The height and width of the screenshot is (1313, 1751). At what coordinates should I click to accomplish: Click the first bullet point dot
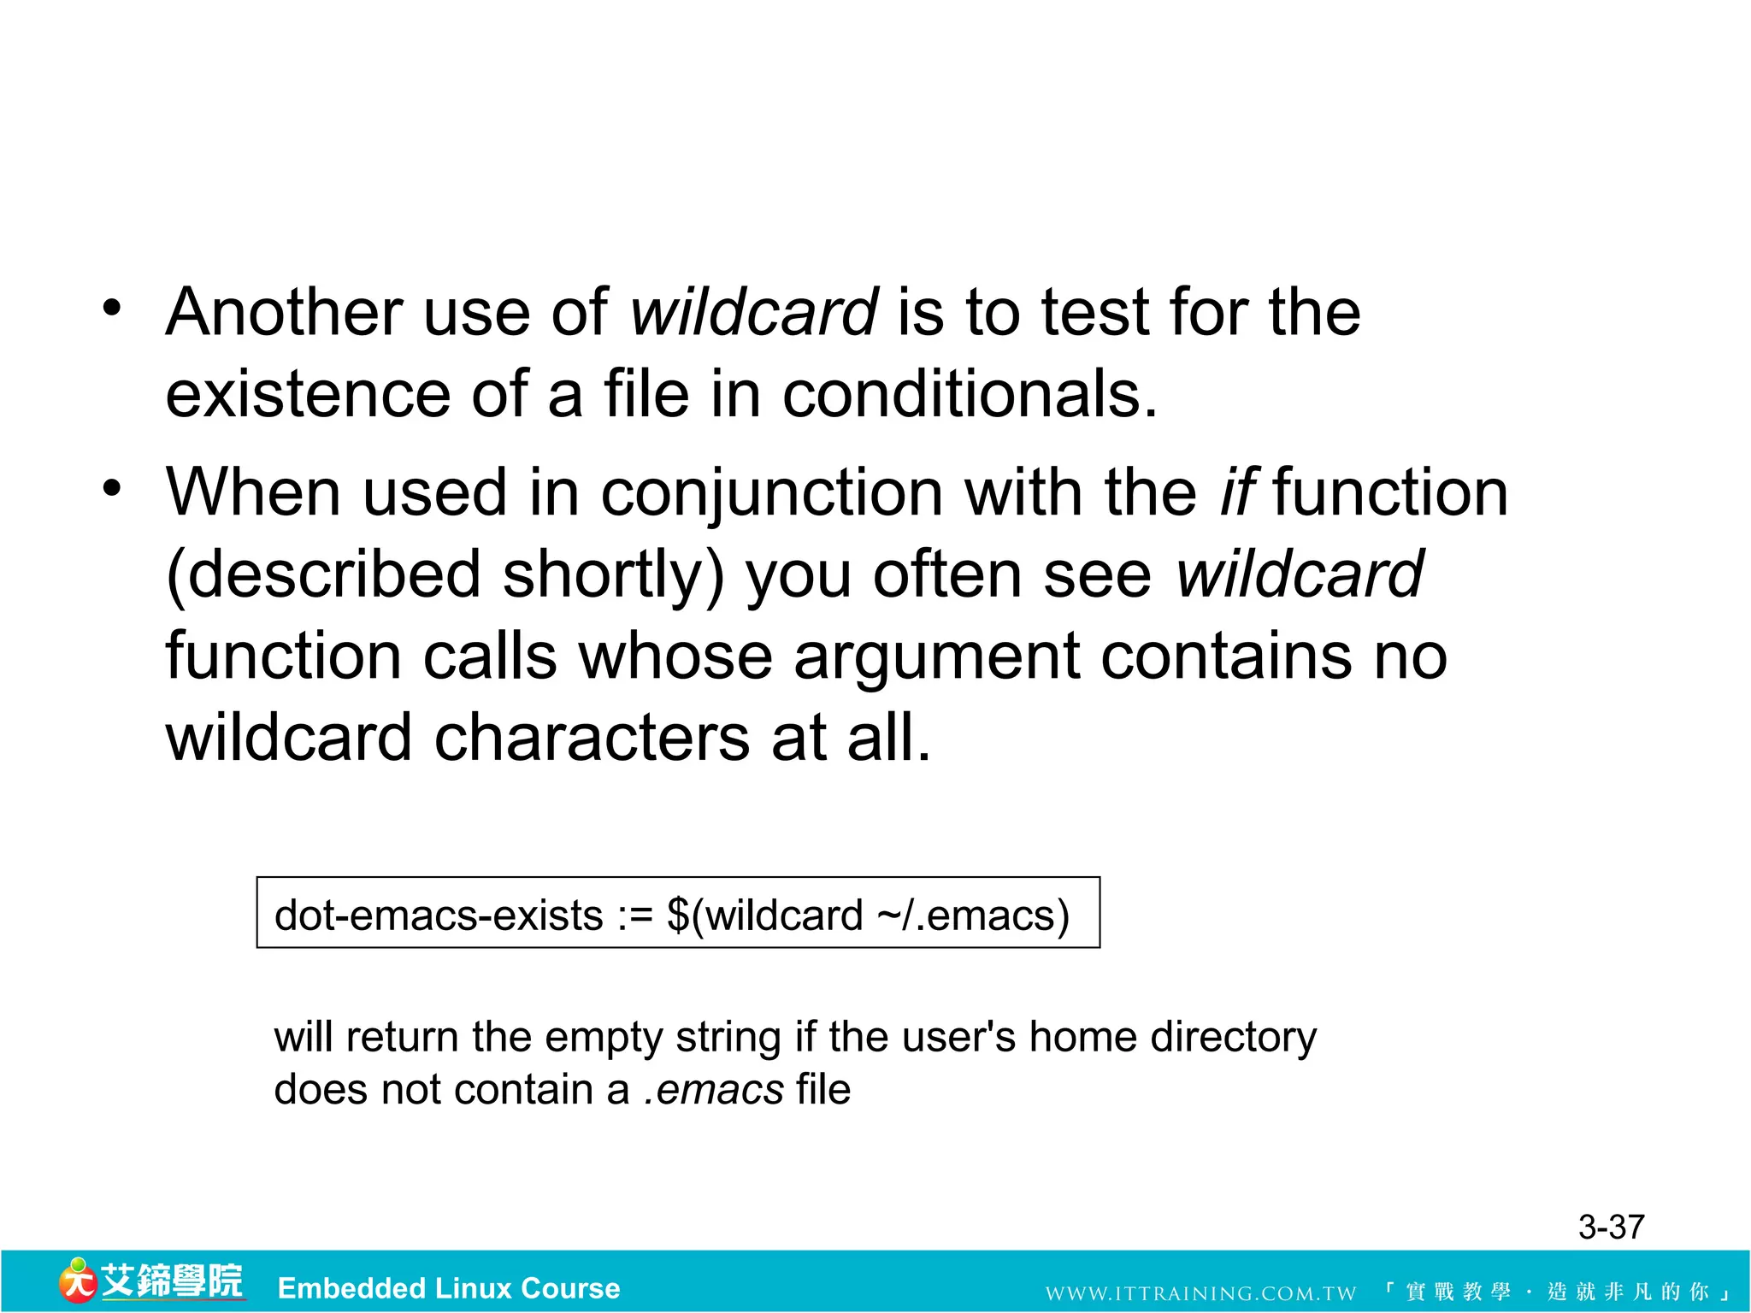(112, 308)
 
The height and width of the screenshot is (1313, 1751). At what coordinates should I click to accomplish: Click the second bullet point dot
(112, 488)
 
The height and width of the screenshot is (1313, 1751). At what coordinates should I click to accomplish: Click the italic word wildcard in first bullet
(753, 312)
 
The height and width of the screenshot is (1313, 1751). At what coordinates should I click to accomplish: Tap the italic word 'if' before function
(1236, 494)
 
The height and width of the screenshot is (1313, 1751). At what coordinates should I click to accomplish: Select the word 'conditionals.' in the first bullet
(970, 395)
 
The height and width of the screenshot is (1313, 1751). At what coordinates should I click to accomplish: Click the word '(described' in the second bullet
(323, 575)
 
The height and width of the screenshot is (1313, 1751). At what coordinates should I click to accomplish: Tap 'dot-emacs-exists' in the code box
(439, 916)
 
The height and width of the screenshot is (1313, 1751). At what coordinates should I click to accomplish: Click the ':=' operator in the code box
(635, 916)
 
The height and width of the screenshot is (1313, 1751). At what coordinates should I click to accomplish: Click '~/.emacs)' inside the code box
(973, 916)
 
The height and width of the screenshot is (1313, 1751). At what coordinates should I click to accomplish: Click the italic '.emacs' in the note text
(714, 1090)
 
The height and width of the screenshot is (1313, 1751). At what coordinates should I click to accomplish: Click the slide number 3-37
(1611, 1228)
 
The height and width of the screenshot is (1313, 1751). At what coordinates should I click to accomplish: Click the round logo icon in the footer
(77, 1281)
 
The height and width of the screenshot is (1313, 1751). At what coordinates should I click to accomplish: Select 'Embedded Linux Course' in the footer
(449, 1288)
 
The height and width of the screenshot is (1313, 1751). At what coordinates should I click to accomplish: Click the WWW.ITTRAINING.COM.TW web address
(1200, 1293)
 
